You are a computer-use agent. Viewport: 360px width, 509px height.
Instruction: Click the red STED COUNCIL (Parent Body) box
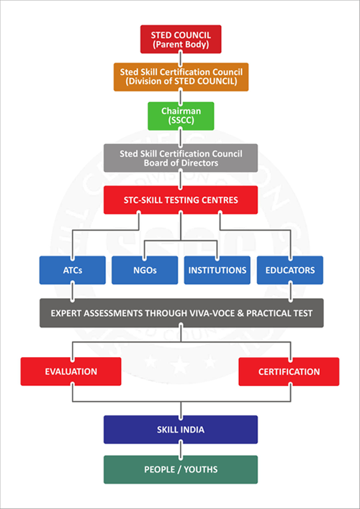(x=181, y=39)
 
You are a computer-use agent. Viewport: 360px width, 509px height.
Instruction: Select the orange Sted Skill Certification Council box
(x=181, y=76)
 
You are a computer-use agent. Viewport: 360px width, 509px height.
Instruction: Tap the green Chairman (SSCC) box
(x=181, y=116)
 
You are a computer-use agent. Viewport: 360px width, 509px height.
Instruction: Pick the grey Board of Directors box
(x=181, y=158)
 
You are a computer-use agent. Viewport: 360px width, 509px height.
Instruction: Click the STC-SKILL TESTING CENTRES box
(x=181, y=200)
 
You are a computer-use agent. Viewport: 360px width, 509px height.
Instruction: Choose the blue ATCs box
(x=73, y=270)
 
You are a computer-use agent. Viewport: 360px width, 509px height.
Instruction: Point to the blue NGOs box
(x=145, y=270)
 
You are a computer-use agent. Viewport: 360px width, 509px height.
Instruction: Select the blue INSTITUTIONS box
(x=217, y=270)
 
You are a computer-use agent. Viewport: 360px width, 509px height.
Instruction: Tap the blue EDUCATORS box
(x=290, y=270)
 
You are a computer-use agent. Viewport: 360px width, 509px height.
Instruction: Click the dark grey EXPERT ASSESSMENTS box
(x=181, y=313)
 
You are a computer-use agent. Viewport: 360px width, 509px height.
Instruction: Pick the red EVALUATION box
(x=71, y=371)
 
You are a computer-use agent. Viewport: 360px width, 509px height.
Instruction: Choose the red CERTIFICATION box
(x=289, y=371)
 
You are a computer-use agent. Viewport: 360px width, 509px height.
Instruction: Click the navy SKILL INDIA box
(x=181, y=430)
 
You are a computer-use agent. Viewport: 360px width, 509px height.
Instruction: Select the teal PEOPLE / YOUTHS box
(x=181, y=469)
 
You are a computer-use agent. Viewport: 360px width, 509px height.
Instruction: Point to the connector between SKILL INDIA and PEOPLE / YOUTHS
(x=181, y=449)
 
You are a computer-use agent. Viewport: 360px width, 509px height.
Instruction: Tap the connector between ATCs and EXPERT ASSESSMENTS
(x=73, y=292)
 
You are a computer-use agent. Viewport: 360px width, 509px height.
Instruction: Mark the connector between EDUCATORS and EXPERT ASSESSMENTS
(x=290, y=292)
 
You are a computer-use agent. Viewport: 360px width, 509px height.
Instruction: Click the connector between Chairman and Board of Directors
(x=181, y=137)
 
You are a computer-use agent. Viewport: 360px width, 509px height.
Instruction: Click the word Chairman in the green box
(x=181, y=111)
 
